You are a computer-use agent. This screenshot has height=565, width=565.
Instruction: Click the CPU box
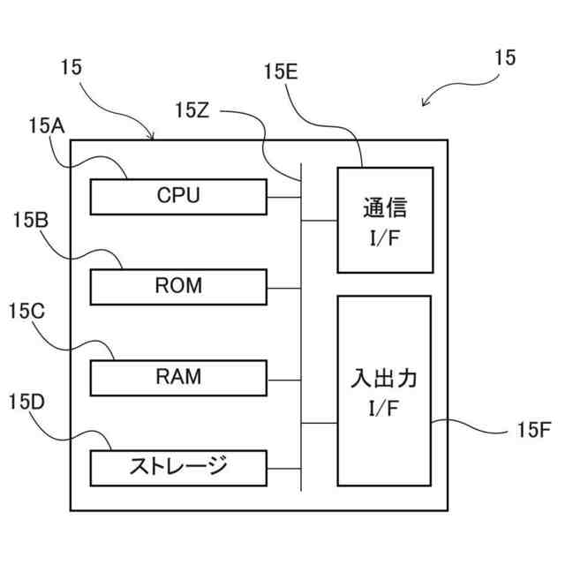tap(178, 197)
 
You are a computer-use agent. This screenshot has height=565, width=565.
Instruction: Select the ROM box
tap(178, 287)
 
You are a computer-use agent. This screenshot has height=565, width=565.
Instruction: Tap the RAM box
tap(178, 378)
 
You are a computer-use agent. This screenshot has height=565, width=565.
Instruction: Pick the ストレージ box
tap(178, 469)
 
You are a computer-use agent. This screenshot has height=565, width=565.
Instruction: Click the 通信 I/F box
tap(385, 220)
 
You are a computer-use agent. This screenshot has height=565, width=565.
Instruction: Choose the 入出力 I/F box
tap(384, 391)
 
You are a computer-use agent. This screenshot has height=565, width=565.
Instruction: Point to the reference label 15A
tap(47, 126)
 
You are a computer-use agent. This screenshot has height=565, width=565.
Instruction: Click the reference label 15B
tap(31, 220)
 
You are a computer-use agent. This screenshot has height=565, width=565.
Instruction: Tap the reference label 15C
tap(26, 311)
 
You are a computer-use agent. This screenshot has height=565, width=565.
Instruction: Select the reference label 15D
tap(26, 402)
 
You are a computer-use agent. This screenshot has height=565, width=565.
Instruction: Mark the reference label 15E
tap(281, 72)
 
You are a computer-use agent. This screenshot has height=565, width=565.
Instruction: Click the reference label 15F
tap(534, 430)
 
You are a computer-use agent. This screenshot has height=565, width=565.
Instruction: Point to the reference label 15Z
tap(192, 110)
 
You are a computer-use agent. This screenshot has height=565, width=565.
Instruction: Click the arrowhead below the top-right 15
tap(426, 102)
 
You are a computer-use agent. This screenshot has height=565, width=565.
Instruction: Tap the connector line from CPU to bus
tap(284, 197)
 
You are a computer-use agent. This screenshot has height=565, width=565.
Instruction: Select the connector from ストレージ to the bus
tap(284, 469)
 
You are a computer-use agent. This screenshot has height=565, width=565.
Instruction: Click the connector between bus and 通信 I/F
tap(320, 221)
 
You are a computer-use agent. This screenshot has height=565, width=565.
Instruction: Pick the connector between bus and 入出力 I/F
tap(320, 423)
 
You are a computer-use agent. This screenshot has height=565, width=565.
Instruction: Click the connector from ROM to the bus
tap(284, 289)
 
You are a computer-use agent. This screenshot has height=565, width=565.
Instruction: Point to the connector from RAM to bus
tap(284, 380)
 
